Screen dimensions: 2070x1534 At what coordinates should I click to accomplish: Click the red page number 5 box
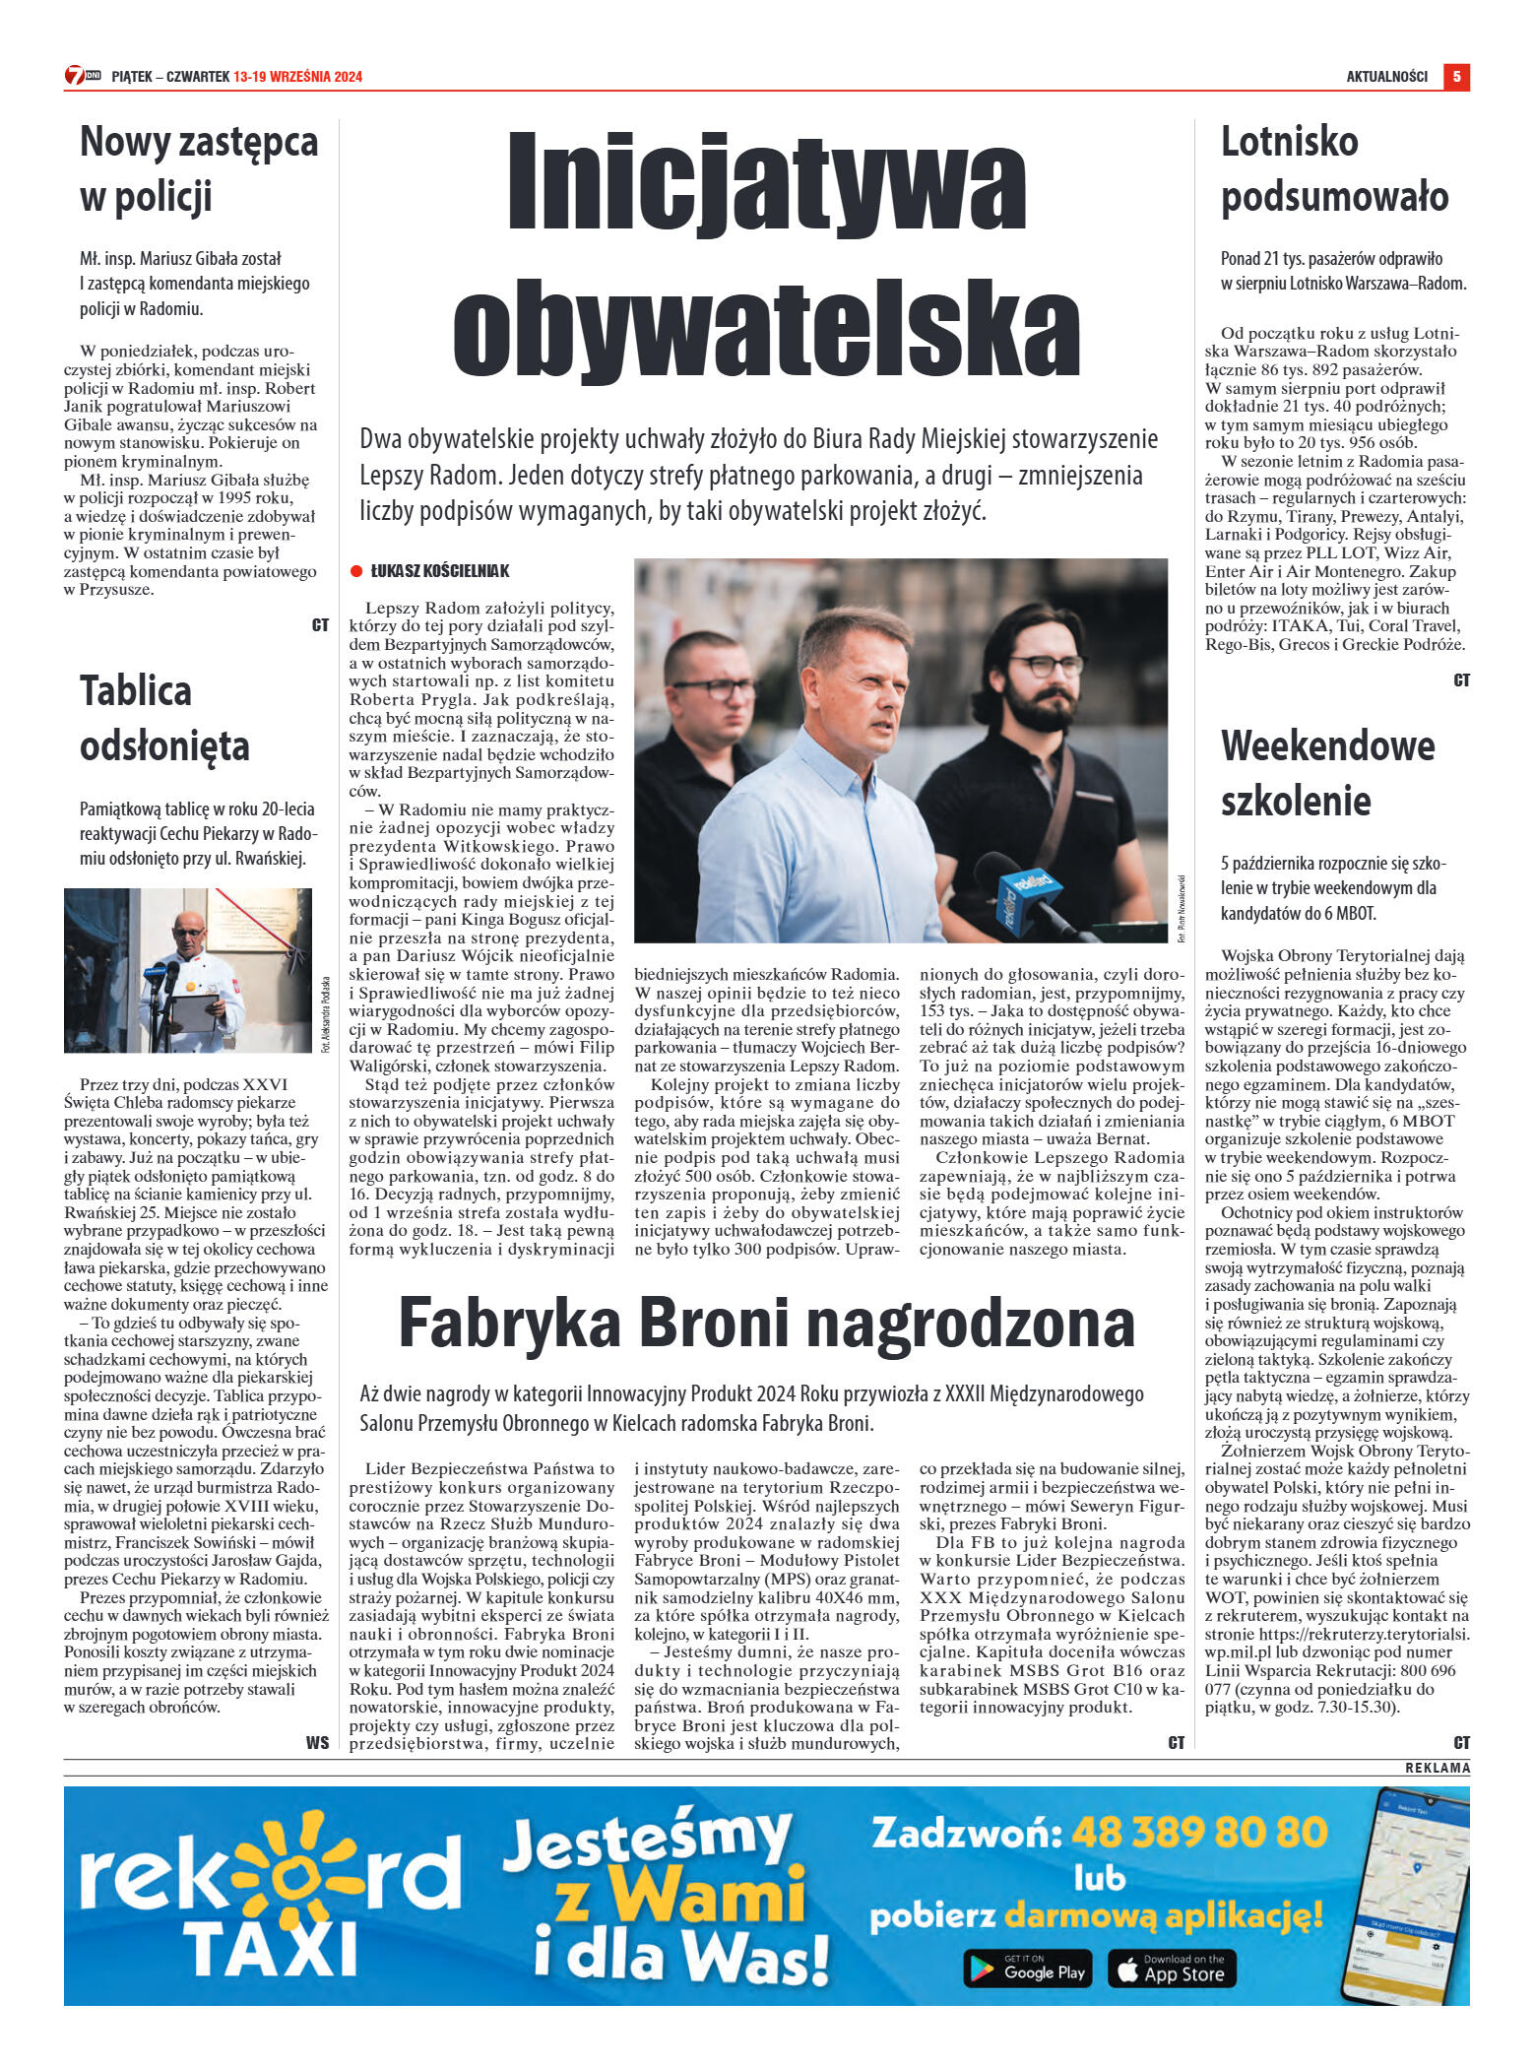click(x=1456, y=76)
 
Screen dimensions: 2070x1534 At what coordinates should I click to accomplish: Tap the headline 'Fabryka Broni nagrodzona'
click(x=766, y=1322)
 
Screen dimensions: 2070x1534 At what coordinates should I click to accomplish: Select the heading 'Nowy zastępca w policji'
click(x=198, y=168)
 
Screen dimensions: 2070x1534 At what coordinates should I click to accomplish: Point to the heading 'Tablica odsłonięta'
click(x=164, y=718)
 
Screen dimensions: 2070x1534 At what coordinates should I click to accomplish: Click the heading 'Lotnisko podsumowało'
click(x=1334, y=168)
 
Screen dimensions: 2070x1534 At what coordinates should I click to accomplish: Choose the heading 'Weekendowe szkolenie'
click(x=1327, y=773)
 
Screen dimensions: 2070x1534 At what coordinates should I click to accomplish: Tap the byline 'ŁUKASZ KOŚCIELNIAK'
click(x=439, y=571)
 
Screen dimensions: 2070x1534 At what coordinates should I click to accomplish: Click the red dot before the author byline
click(x=356, y=571)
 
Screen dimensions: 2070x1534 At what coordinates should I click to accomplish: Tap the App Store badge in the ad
click(x=1172, y=1995)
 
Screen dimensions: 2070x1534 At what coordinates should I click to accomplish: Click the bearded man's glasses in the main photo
click(x=1046, y=665)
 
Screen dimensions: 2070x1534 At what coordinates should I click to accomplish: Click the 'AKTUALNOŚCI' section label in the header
click(x=1386, y=77)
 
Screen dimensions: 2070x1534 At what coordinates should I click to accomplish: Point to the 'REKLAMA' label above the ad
click(x=1437, y=1768)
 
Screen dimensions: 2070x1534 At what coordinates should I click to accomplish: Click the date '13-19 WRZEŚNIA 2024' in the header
click(x=297, y=77)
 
